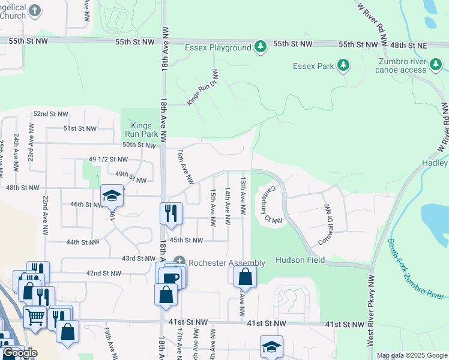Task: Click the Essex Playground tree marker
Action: click(x=260, y=47)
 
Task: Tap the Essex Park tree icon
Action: click(x=343, y=65)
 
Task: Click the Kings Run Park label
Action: click(x=142, y=129)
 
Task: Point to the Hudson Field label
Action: click(x=300, y=260)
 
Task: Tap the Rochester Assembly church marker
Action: click(x=179, y=262)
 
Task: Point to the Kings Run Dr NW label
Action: click(x=202, y=88)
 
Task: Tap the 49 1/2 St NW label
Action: click(x=108, y=160)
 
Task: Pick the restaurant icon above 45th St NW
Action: click(x=171, y=212)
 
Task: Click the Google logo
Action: click(x=20, y=353)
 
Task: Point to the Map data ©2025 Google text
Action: click(x=412, y=355)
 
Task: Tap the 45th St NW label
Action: click(x=185, y=240)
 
